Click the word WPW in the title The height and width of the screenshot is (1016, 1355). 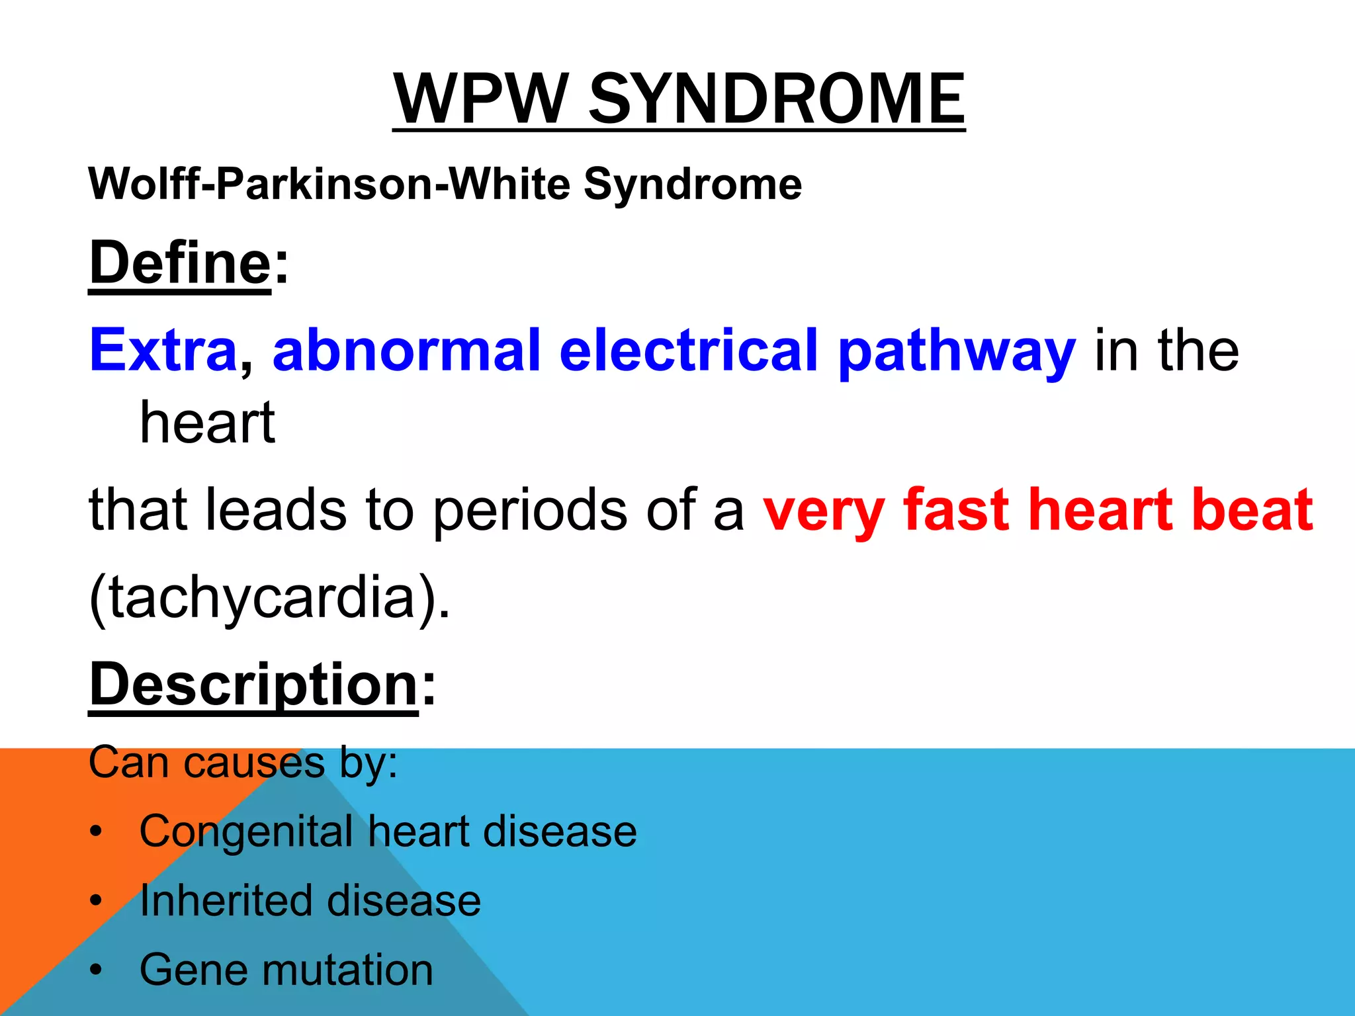click(480, 99)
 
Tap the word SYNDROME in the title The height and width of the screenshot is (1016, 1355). click(777, 99)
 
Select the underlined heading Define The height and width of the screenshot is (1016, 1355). click(180, 263)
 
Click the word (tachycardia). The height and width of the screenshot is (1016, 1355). click(269, 597)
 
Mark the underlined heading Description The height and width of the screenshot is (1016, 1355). click(253, 685)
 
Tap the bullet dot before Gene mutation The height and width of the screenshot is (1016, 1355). click(97, 971)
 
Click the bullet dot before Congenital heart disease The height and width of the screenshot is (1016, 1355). click(97, 832)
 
